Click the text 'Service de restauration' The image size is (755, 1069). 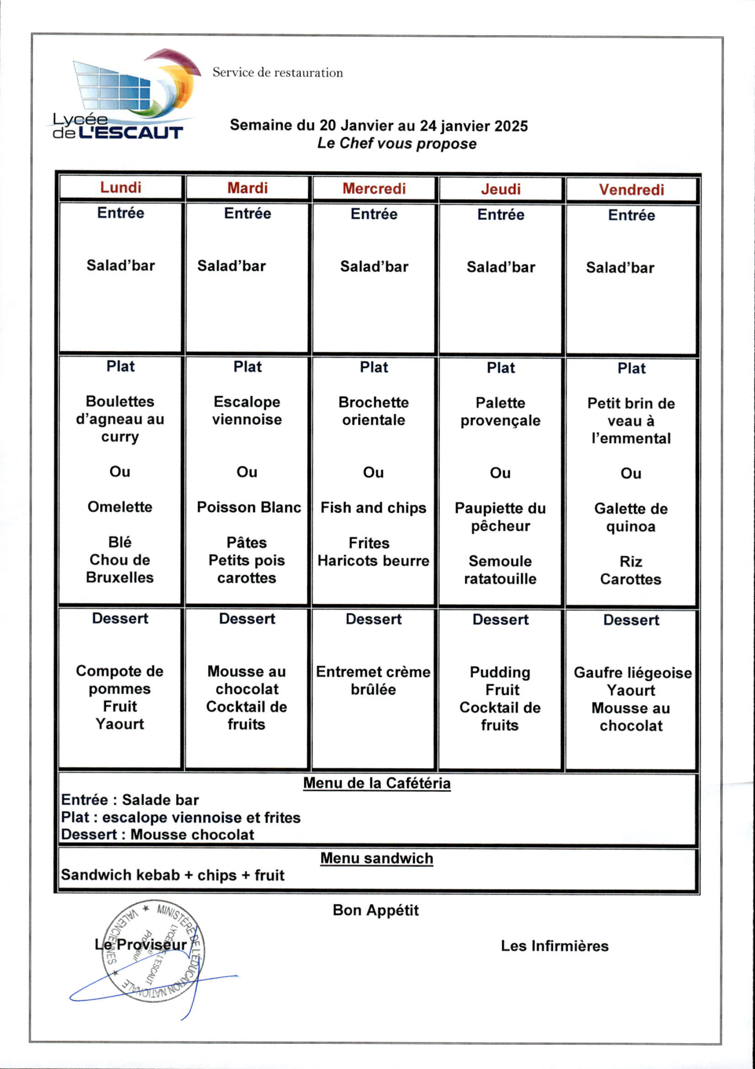tap(277, 73)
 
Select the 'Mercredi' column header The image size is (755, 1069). tap(374, 188)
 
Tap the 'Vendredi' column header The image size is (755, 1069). tap(631, 189)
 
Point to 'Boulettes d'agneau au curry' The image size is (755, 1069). tap(120, 419)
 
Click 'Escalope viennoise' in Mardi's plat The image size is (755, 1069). tap(247, 411)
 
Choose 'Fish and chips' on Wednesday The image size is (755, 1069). tap(373, 508)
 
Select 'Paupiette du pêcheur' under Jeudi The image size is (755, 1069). tap(500, 517)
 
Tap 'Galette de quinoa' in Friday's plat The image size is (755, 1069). tap(631, 517)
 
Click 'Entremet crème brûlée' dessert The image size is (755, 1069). tap(373, 681)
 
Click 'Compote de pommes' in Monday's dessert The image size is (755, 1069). tap(120, 680)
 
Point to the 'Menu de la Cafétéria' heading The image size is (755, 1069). tap(376, 783)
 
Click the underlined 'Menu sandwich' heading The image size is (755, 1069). tap(376, 858)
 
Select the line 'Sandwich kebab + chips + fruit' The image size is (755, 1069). tap(173, 875)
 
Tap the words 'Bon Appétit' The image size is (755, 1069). tap(376, 910)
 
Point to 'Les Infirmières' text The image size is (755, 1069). tap(555, 946)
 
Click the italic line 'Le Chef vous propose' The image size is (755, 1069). tap(397, 144)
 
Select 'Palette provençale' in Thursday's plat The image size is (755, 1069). tap(500, 412)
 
